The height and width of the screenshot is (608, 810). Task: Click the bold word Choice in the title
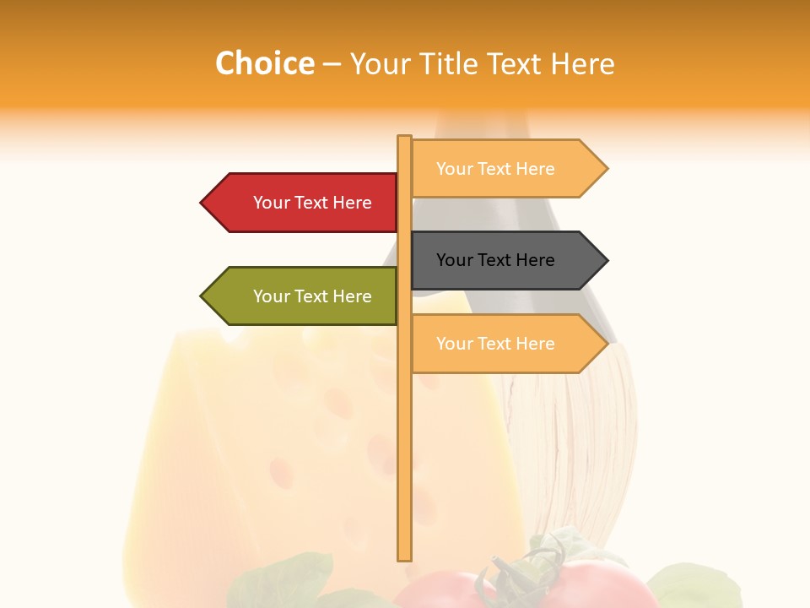pyautogui.click(x=264, y=63)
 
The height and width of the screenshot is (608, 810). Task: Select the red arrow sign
pyautogui.click(x=304, y=203)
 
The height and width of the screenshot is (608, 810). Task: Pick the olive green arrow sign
pyautogui.click(x=304, y=296)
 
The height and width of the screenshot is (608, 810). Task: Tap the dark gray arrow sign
pyautogui.click(x=506, y=260)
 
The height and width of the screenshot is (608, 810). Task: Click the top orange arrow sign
pyautogui.click(x=506, y=169)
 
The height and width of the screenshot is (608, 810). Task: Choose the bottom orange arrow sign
pyautogui.click(x=506, y=344)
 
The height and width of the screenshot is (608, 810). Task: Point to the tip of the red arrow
pyautogui.click(x=202, y=203)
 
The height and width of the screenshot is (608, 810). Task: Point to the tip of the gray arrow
pyautogui.click(x=606, y=260)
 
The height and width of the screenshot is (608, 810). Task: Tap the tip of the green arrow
pyautogui.click(x=202, y=296)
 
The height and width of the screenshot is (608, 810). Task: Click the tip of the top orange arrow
pyautogui.click(x=606, y=169)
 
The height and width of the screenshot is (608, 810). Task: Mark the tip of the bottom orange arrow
pyautogui.click(x=606, y=344)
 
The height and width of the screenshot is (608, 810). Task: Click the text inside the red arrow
pyautogui.click(x=312, y=203)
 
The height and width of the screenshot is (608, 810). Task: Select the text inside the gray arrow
pyautogui.click(x=495, y=260)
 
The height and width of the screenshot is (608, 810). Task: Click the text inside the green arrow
pyautogui.click(x=312, y=296)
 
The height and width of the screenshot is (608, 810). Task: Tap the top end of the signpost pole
pyautogui.click(x=404, y=138)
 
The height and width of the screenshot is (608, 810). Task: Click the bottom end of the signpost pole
pyautogui.click(x=404, y=557)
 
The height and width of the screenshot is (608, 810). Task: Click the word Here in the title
pyautogui.click(x=582, y=63)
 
